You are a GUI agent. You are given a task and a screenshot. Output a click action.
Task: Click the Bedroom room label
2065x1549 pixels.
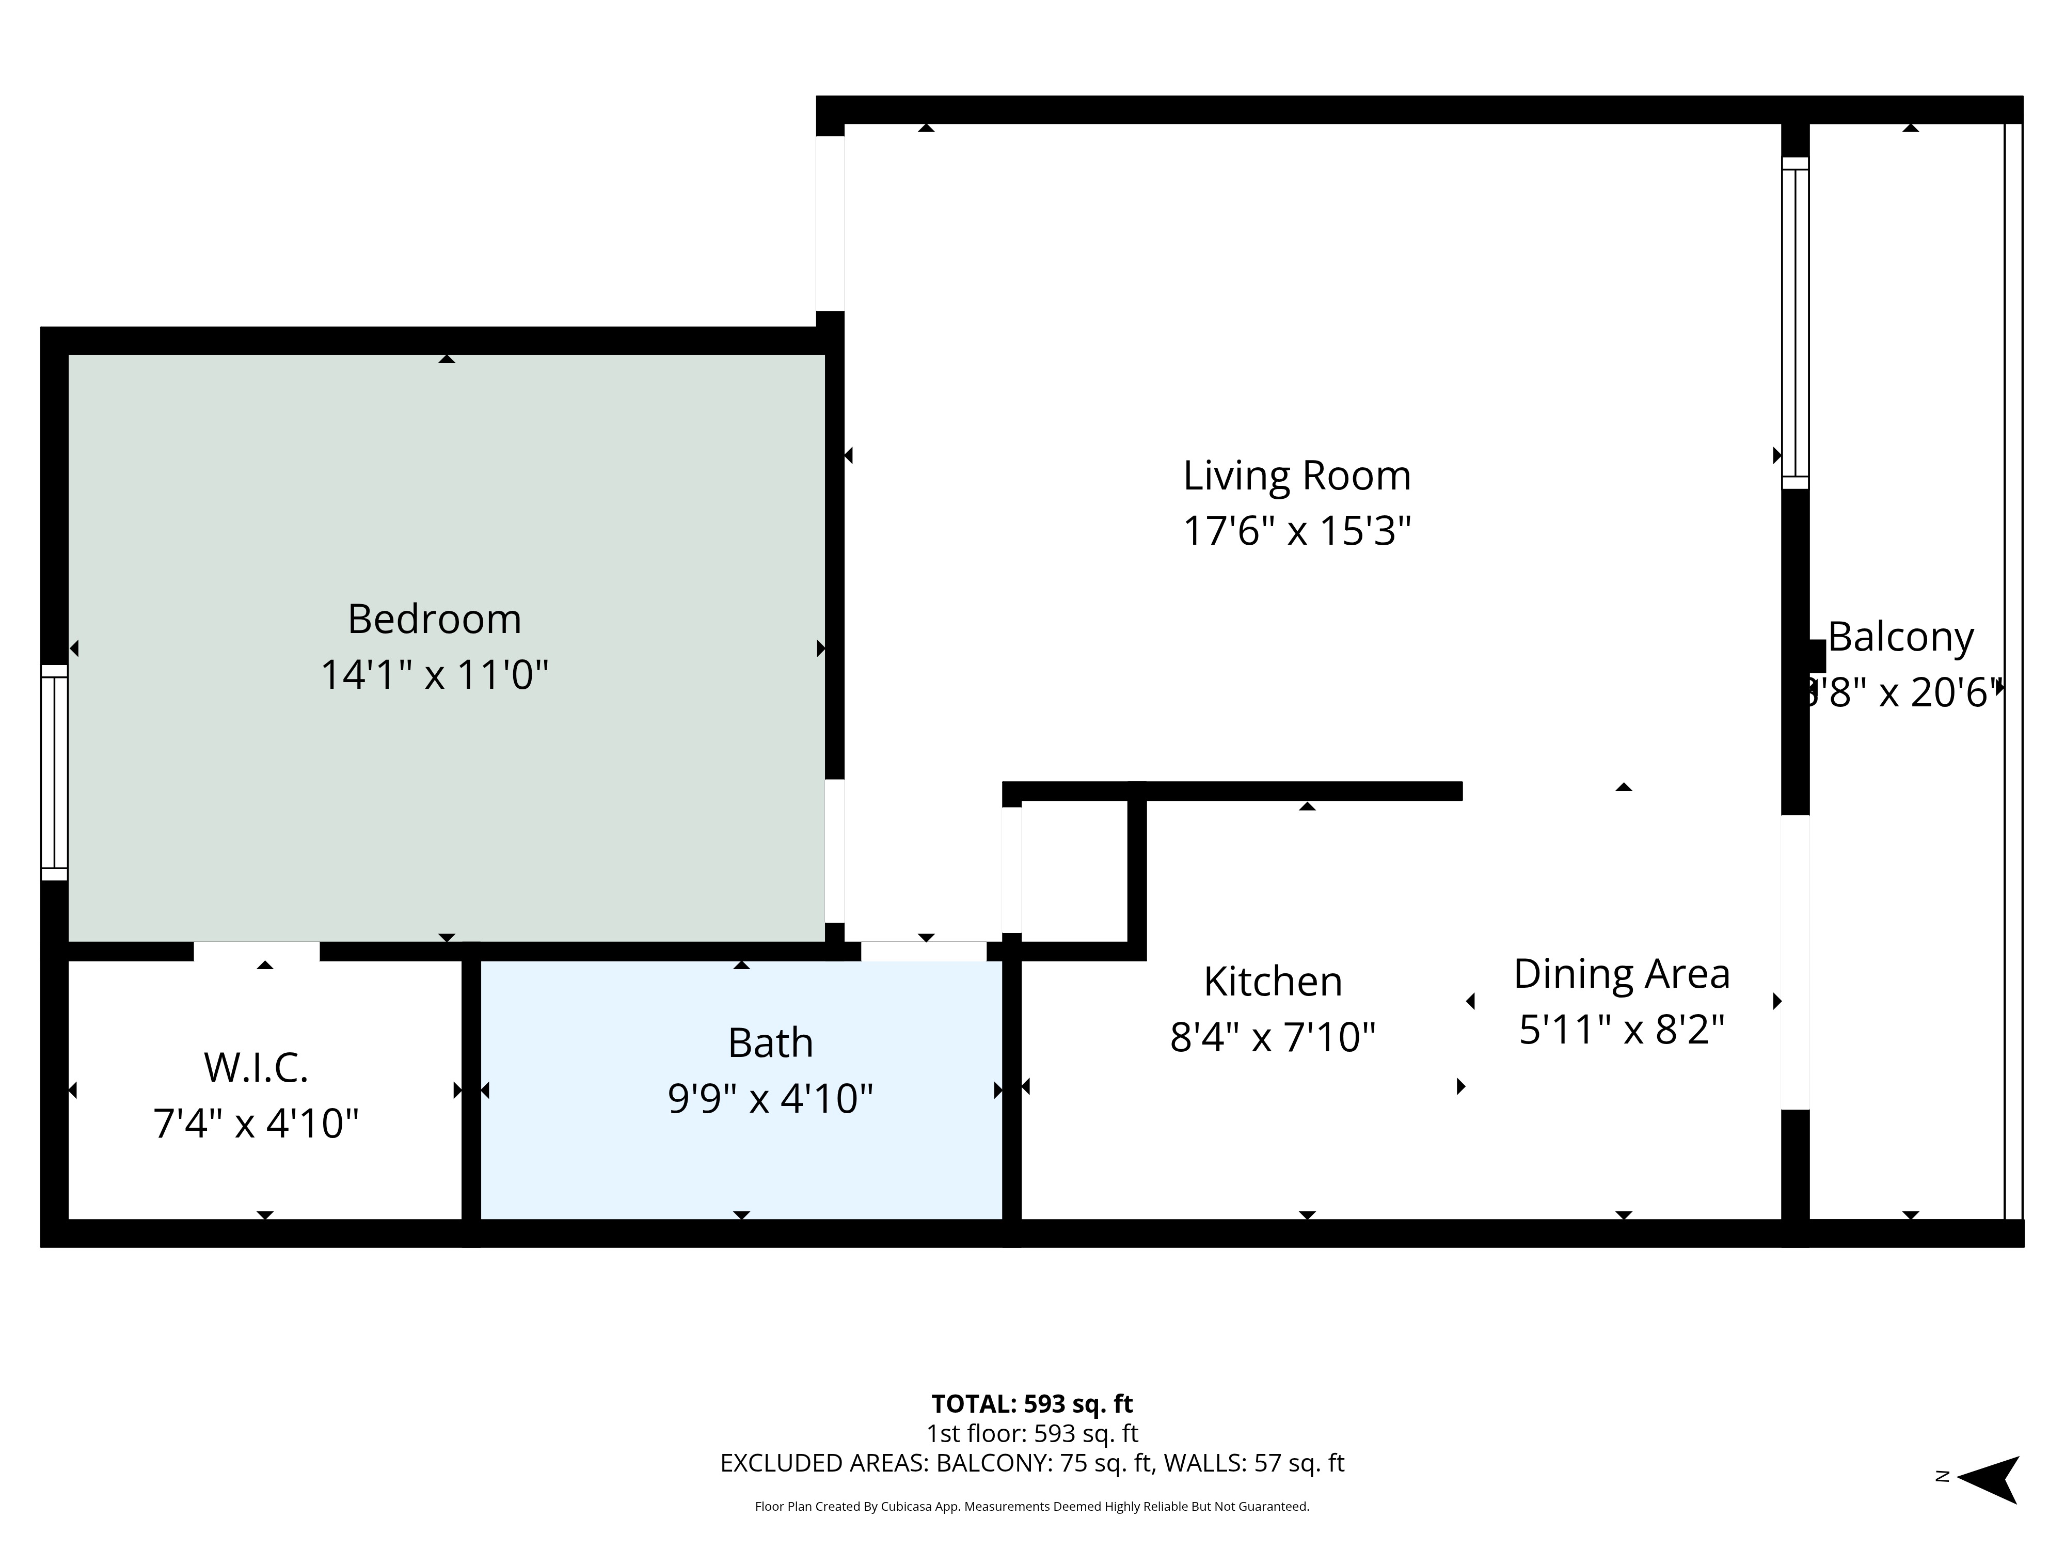[434, 619]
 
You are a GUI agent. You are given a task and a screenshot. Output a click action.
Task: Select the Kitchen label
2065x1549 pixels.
[1273, 982]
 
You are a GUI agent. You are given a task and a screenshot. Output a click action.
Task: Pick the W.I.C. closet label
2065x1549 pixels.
[256, 1067]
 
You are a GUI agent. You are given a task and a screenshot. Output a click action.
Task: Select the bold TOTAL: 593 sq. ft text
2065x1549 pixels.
[1031, 1403]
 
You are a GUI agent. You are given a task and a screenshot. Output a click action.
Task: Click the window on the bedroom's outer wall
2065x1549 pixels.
[54, 772]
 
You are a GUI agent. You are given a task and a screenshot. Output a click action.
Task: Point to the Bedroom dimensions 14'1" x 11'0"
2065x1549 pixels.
[434, 674]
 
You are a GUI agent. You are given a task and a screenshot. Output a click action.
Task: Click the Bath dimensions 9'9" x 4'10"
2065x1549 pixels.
[770, 1098]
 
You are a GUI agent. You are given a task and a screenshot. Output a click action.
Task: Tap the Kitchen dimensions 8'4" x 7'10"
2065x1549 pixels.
[1273, 1036]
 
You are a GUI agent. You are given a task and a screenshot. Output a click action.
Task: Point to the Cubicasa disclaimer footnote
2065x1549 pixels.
[1031, 1506]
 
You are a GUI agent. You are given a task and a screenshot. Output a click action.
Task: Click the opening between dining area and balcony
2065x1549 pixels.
[1794, 962]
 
